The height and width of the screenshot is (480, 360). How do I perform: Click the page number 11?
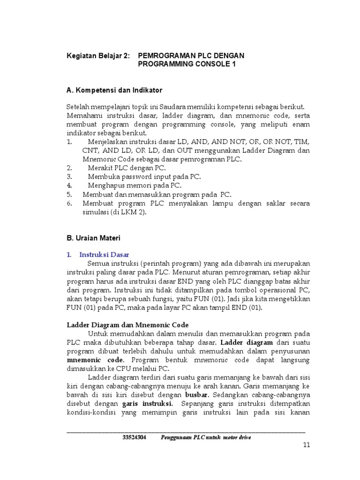[307, 446]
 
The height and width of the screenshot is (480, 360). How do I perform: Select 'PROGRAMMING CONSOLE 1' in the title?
[187, 64]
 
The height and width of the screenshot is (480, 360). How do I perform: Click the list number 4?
[68, 185]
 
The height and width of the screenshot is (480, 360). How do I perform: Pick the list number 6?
[68, 203]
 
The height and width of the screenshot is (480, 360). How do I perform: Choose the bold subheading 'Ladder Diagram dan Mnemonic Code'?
[128, 324]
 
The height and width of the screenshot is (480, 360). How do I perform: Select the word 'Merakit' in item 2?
[100, 167]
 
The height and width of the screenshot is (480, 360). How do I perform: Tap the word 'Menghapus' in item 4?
[104, 185]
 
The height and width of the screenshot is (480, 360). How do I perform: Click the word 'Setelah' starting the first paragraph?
[77, 107]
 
